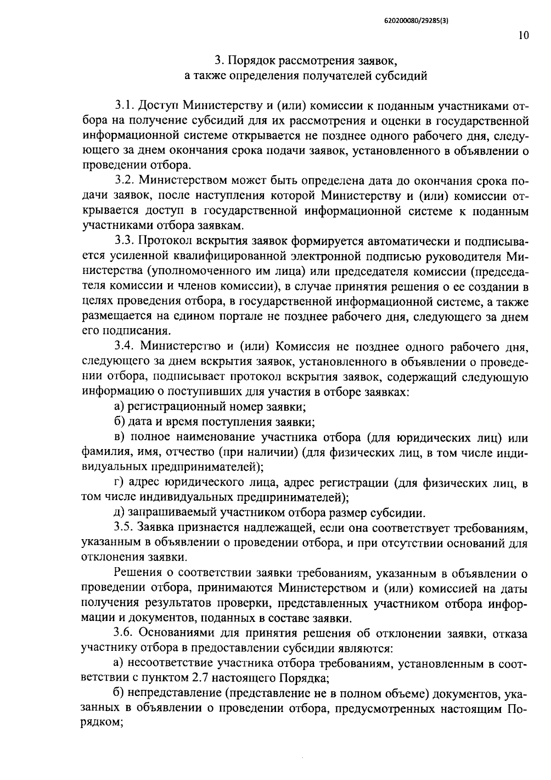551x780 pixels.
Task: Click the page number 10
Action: click(523, 36)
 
